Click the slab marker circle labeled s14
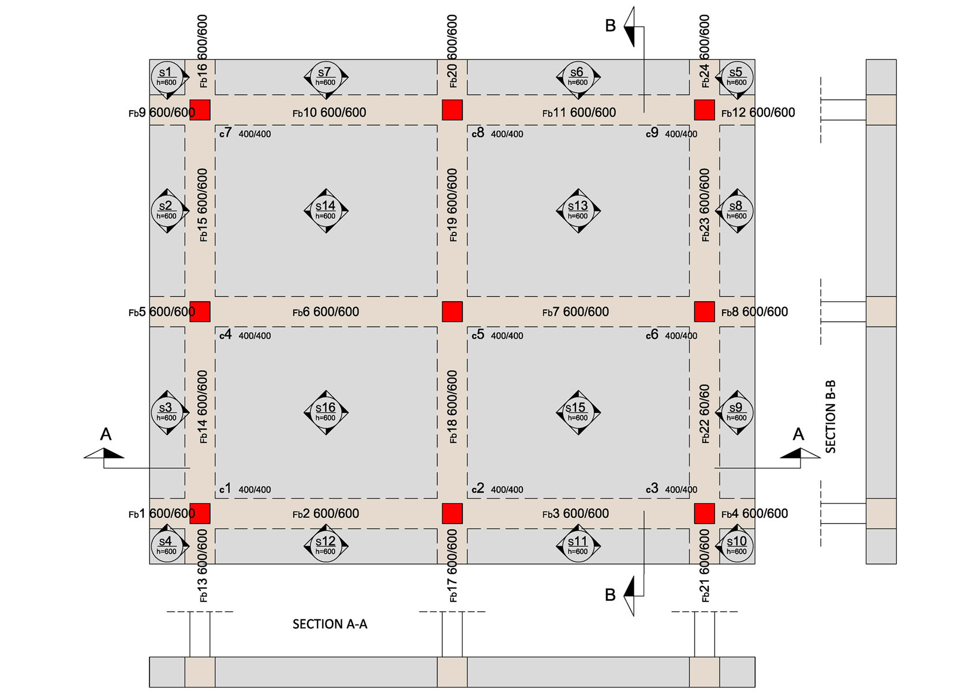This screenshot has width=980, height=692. coord(326,210)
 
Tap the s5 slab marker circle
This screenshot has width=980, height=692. coord(737,77)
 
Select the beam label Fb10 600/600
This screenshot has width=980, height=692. coord(329,113)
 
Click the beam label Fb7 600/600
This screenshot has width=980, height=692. coord(575,312)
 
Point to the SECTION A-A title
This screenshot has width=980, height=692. coord(330,624)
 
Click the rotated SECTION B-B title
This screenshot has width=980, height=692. coord(831,416)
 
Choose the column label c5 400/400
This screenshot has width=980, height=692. coord(497,335)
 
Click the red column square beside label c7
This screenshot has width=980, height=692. coord(200,110)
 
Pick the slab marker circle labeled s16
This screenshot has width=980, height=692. coord(326,412)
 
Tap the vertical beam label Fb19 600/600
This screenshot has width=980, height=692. coord(452,205)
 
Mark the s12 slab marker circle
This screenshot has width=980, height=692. coord(326,546)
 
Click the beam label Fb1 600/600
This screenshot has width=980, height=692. coord(162,514)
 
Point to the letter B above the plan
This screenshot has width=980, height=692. coord(610,26)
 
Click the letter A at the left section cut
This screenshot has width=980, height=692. coord(106,434)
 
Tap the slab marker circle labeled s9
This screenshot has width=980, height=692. coord(737,412)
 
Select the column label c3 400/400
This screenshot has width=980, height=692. coord(672,489)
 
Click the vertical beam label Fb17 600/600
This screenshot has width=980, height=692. coord(452,566)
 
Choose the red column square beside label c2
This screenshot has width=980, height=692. coord(452,514)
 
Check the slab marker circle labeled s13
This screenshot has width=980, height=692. coord(578,210)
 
